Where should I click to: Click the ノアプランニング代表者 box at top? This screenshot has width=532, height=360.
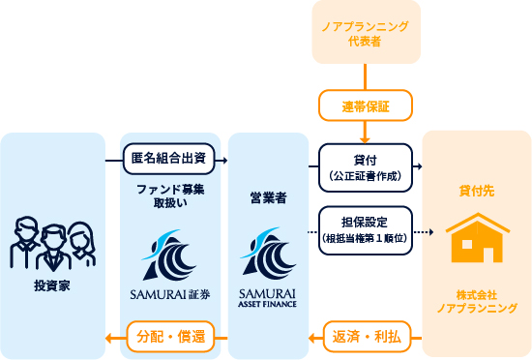366,34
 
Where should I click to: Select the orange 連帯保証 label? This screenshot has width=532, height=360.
366,104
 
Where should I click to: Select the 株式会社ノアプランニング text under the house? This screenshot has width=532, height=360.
477,300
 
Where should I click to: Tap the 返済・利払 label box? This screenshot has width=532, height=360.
366,336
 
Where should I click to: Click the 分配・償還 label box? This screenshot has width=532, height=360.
165,336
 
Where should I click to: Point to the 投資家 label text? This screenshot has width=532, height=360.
52,285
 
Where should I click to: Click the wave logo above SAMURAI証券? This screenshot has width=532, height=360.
165,254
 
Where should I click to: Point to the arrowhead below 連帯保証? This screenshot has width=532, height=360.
366,136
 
